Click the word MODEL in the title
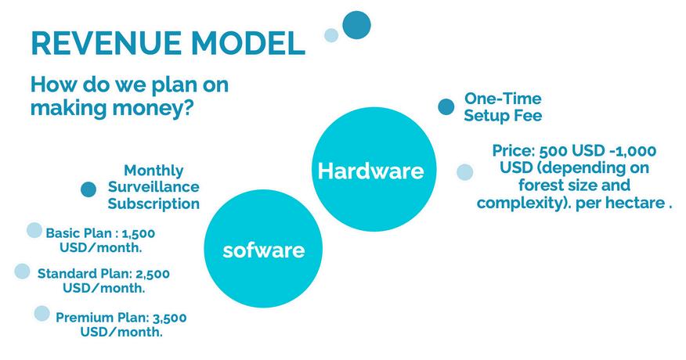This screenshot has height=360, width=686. (247, 43)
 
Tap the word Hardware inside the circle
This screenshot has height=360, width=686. (371, 171)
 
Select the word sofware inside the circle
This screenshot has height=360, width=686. (263, 250)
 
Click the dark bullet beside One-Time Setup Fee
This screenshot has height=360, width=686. (446, 106)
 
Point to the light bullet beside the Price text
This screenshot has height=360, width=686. (464, 172)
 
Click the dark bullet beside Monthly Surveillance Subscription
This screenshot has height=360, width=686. (88, 189)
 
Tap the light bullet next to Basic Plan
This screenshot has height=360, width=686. (34, 230)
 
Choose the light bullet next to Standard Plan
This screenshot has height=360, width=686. (22, 272)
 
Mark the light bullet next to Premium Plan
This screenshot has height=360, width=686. (42, 313)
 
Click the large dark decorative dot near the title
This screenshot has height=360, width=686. (356, 25)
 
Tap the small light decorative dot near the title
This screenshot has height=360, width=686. (331, 35)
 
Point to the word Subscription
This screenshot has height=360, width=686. (153, 203)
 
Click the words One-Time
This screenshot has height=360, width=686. (503, 99)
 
